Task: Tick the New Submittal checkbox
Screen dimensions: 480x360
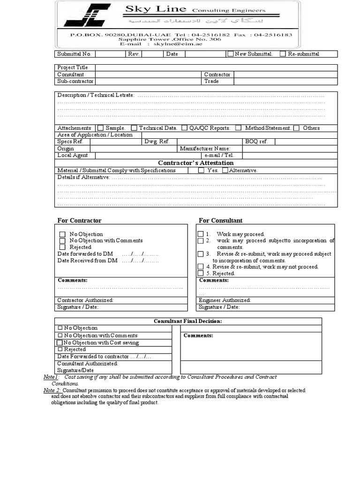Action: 230,54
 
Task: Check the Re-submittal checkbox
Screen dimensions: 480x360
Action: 283,54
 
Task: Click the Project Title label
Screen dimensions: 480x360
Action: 73,67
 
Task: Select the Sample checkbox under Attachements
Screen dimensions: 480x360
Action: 100,128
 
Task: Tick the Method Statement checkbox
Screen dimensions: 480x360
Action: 239,128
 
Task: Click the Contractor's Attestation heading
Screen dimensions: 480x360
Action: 196,163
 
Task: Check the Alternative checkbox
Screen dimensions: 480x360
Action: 225,171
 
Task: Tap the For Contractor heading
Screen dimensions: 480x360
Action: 79,220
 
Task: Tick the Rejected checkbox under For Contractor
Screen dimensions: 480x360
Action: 62,247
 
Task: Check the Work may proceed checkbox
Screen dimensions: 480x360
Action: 200,234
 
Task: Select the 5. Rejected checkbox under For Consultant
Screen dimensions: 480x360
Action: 200,273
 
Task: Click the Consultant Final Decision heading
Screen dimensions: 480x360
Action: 188,321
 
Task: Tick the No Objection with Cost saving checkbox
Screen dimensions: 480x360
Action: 60,343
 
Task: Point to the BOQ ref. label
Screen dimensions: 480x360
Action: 257,142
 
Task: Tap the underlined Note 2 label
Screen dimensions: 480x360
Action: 52,390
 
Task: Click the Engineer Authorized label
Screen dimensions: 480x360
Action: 225,300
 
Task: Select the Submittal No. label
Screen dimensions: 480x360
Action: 74,54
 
